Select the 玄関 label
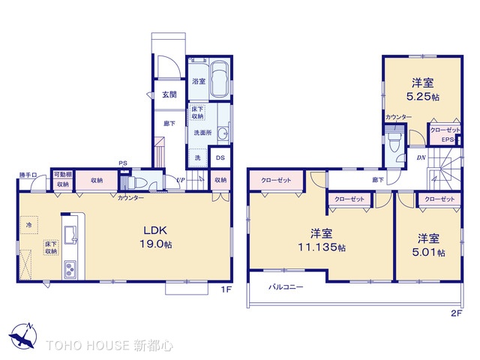pos(169,94)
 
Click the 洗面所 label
pos(202,132)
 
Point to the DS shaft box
pos(220,157)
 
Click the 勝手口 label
pos(28,175)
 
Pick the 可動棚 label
pos(61,175)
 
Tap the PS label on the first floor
pos(121,163)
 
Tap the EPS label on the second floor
pos(447,139)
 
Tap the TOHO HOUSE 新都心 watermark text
pos(109,346)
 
